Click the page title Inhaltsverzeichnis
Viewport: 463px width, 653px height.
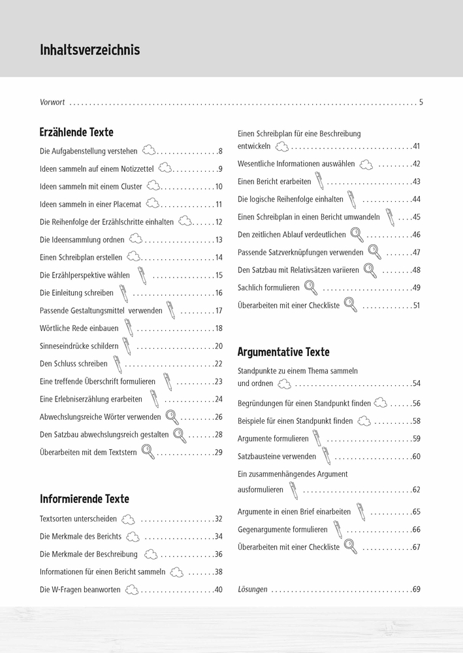(89, 50)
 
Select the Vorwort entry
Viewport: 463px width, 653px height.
(52, 103)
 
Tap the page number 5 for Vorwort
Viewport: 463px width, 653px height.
(421, 103)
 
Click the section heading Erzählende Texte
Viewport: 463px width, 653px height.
(76, 133)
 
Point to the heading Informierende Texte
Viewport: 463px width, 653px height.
(84, 499)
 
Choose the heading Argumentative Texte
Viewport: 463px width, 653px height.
(283, 352)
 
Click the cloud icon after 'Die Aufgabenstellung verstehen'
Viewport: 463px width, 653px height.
(149, 150)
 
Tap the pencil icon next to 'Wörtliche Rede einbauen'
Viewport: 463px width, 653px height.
(129, 328)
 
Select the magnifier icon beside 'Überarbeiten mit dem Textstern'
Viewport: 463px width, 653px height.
(148, 452)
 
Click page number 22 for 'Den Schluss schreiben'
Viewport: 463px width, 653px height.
(218, 364)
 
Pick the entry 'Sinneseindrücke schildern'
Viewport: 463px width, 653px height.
(79, 346)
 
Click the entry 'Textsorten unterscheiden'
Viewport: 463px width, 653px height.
(78, 519)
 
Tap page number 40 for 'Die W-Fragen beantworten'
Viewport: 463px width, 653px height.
(218, 590)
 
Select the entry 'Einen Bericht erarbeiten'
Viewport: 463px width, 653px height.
(274, 182)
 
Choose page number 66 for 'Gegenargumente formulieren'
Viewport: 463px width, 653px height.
(416, 530)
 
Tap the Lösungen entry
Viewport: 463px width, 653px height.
(253, 590)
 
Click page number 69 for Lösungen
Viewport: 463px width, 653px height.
(416, 590)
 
